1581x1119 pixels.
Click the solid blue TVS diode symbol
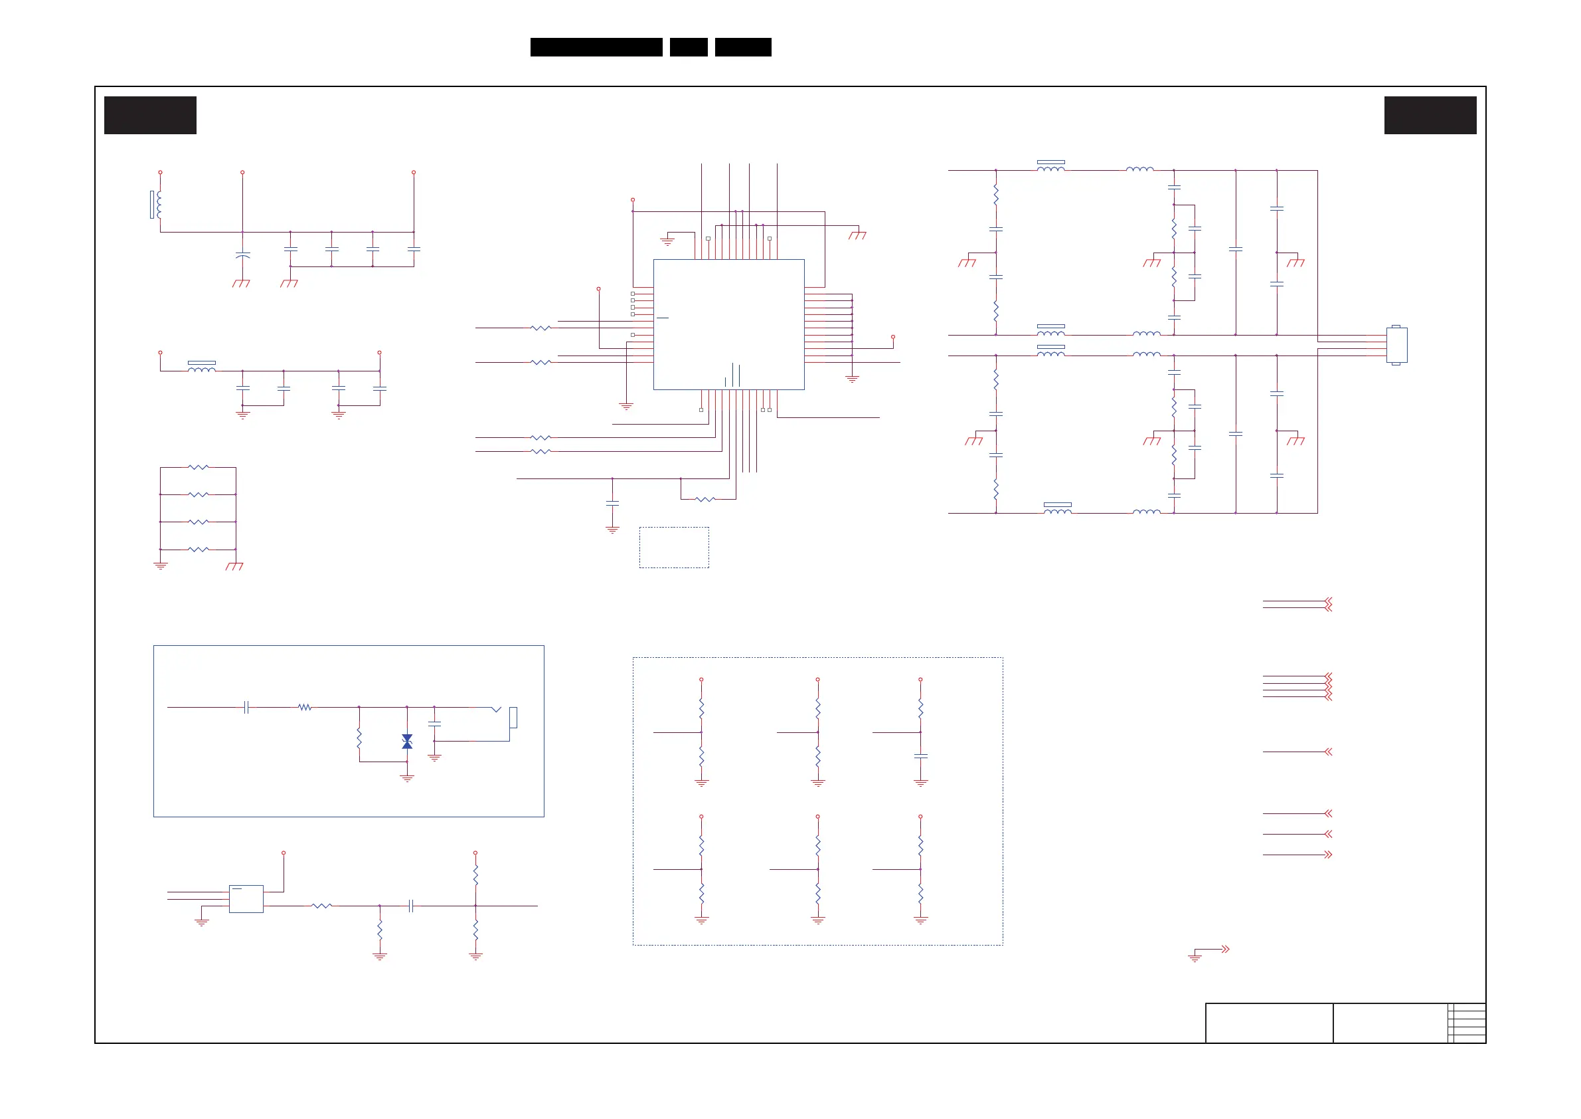[407, 742]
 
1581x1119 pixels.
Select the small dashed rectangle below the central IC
[673, 548]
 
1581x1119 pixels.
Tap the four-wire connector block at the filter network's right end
[1396, 344]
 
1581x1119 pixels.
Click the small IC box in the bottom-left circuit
[246, 898]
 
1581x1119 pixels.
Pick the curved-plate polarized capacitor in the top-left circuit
[242, 255]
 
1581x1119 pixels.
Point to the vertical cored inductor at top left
[157, 205]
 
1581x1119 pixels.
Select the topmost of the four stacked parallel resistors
[199, 467]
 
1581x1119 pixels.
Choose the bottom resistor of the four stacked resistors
[199, 549]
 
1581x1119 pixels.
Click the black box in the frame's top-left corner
[150, 115]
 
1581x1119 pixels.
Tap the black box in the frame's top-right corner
[1430, 115]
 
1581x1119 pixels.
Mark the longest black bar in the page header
[596, 47]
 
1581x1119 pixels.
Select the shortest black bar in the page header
[689, 47]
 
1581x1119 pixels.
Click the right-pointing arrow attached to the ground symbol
[1225, 949]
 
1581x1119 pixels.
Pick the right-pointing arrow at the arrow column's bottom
[1328, 855]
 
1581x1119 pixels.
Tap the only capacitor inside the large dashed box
[920, 756]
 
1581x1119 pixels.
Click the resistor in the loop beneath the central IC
[705, 499]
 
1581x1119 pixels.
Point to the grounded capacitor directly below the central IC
[612, 504]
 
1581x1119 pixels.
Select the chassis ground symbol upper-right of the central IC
[858, 235]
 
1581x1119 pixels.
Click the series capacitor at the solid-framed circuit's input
[246, 707]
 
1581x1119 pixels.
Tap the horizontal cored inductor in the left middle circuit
[202, 368]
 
